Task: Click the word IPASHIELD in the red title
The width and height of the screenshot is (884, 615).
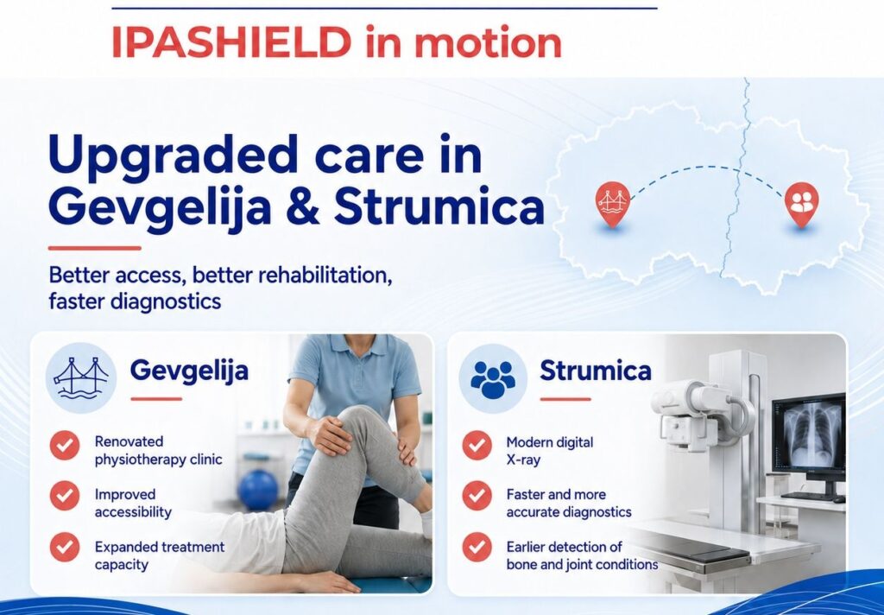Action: coord(231,41)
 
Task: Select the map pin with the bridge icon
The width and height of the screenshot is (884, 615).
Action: coord(612,204)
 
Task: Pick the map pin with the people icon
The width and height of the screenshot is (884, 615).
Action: coord(802,204)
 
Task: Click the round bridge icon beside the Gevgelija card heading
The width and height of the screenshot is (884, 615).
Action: coord(80,377)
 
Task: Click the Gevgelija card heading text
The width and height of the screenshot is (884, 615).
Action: coord(189,371)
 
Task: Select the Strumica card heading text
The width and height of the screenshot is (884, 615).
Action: coord(596,371)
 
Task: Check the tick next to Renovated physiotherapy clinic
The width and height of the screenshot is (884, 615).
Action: coord(65,445)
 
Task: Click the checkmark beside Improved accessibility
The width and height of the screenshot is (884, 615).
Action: coord(65,496)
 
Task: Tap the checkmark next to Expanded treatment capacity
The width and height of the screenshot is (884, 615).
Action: coord(65,547)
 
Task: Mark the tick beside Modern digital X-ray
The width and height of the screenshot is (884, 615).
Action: coord(477,445)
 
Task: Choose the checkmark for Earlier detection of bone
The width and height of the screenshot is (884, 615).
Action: coord(477,547)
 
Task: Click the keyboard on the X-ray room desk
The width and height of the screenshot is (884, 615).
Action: coord(807,496)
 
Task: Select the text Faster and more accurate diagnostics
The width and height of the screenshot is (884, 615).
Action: coord(569,504)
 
